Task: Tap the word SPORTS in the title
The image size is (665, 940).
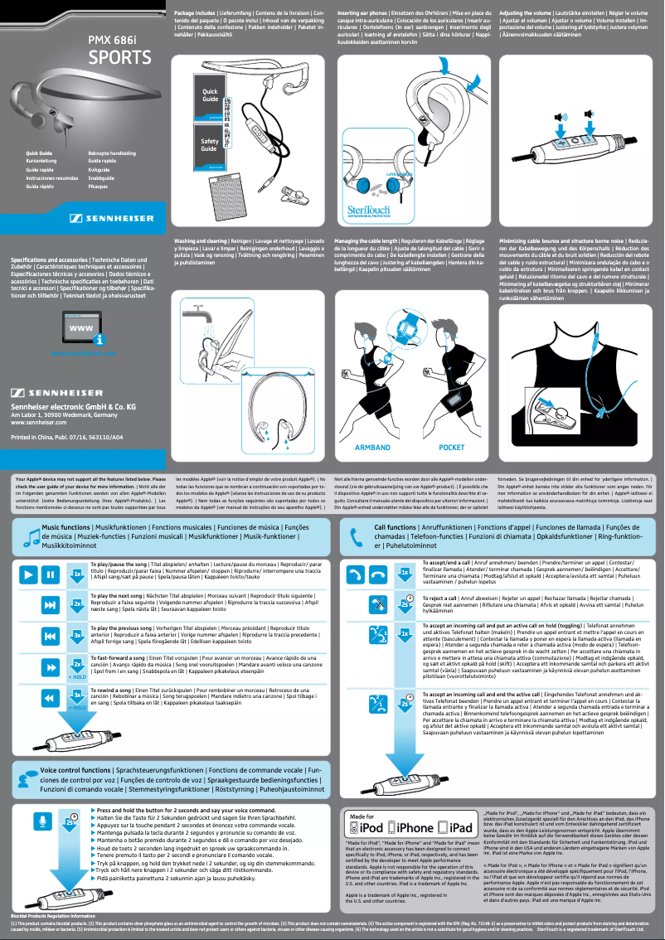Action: [120, 58]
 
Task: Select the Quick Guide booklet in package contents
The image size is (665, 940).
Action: [211, 94]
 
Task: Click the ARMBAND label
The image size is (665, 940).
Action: [372, 447]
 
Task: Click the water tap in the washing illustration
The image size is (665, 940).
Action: [194, 313]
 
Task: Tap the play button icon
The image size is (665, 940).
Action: [28, 574]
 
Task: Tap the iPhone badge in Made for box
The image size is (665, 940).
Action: [415, 827]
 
